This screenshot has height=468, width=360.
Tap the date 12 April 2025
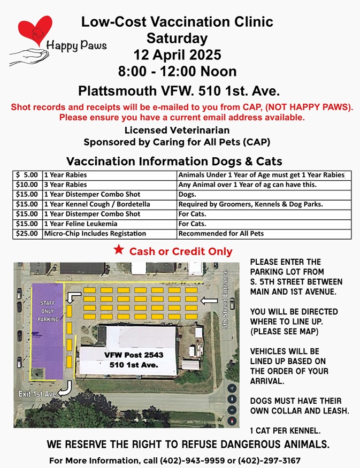pos(177,55)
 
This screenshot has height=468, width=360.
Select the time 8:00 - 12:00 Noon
pos(177,71)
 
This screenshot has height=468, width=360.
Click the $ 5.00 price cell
pos(27,175)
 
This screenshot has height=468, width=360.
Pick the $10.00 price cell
pos(27,185)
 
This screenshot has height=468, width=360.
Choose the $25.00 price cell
pos(27,234)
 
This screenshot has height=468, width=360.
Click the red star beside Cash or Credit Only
pos(119,250)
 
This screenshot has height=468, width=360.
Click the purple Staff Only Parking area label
pos(48,311)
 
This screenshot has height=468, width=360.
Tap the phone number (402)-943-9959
pos(174,460)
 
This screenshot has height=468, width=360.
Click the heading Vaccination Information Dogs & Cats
pos(174,161)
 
